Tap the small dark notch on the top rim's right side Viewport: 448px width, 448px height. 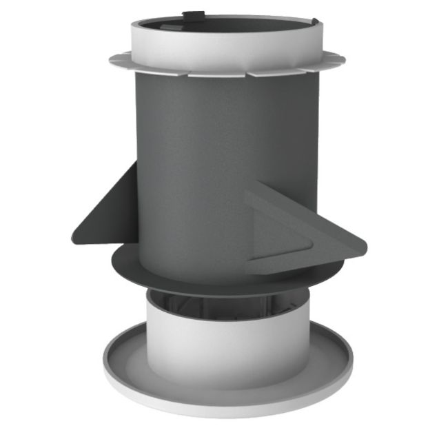coord(315,22)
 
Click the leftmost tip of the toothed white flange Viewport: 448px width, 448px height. coord(110,59)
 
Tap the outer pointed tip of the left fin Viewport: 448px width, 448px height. coord(73,238)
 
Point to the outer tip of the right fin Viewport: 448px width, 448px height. coord(365,243)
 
